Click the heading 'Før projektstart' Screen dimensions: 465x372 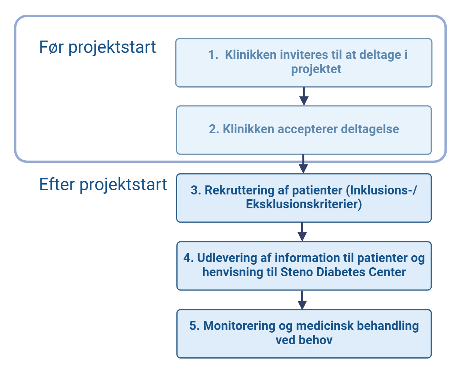(97, 47)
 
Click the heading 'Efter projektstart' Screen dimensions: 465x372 (103, 185)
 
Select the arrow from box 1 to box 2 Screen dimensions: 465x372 (304, 96)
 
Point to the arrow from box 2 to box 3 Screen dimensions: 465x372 (304, 164)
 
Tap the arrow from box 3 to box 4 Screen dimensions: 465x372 (302, 232)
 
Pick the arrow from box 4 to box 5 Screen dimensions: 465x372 (302, 300)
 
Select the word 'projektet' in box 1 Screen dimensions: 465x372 (316, 69)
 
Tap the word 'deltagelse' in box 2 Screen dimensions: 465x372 (370, 129)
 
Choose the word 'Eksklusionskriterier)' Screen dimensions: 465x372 (304, 205)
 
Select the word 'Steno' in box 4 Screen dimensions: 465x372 (296, 272)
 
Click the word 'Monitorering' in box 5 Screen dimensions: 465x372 (239, 326)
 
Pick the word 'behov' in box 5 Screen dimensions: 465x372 (315, 340)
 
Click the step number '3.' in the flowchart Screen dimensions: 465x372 (196, 191)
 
